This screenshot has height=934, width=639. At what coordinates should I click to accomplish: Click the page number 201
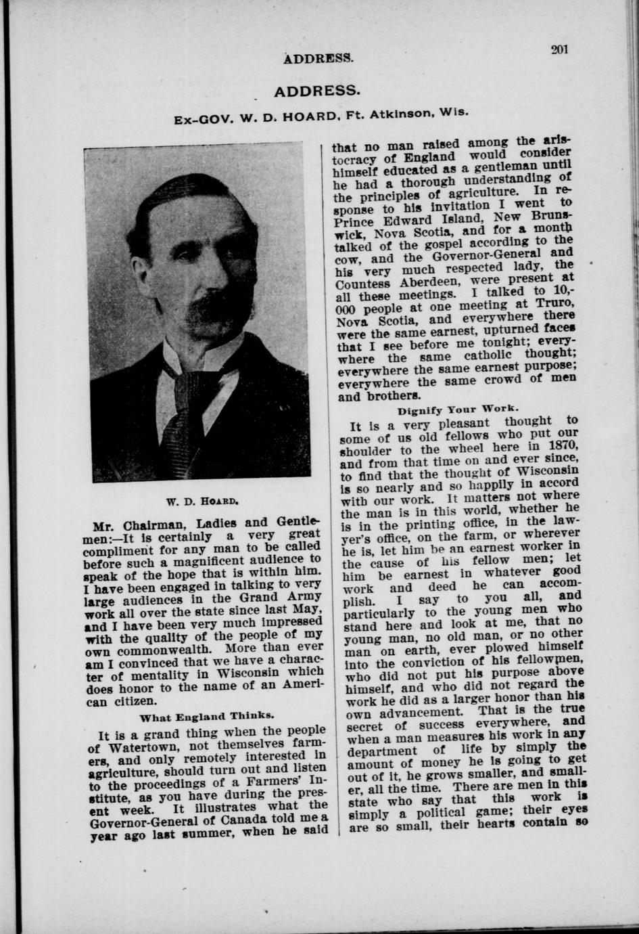point(559,49)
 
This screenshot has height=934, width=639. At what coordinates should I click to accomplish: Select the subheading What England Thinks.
point(207,715)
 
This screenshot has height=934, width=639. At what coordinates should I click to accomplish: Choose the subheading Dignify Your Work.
point(458,409)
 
